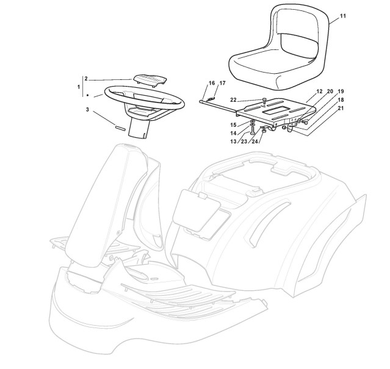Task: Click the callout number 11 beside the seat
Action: point(342,16)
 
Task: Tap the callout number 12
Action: point(319,91)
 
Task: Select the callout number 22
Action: point(250,99)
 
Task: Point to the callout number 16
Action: point(212,83)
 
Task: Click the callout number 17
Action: point(222,83)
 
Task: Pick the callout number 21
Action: point(341,109)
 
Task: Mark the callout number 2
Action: point(86,79)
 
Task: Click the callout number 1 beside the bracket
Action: point(79,87)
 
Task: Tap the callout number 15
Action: point(234,125)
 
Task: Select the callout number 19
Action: point(340,91)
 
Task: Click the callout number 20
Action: point(330,91)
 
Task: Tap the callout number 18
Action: point(341,99)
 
